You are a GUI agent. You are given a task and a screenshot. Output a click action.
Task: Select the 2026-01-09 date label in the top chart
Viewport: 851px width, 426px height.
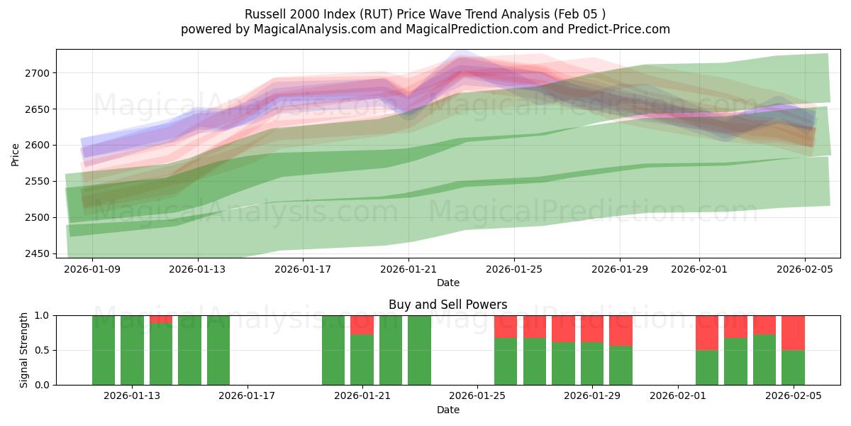pos(92,269)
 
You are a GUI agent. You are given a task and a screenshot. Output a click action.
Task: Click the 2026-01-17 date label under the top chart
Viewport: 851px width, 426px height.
pos(303,269)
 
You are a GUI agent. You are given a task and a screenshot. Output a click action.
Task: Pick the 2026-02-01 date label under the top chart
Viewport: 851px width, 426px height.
pos(699,269)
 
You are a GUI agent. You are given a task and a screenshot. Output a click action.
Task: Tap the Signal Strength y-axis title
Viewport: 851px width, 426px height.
pos(23,350)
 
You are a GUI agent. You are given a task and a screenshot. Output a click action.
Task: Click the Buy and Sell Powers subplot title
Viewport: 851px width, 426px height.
pos(447,305)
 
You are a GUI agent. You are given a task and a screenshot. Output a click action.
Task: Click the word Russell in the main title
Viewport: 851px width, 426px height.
pos(265,14)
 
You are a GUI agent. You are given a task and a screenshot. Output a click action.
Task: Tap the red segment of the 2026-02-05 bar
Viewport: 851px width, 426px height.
pos(793,332)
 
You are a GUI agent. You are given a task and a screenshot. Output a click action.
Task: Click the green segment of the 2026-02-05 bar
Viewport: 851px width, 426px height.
pos(793,367)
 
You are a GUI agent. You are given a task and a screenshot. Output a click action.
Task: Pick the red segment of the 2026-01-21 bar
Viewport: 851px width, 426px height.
pos(362,324)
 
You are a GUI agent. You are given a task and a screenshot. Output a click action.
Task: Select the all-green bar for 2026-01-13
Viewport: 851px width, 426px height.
pos(132,350)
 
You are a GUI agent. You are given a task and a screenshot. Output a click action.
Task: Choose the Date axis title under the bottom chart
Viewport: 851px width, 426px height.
pos(447,410)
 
